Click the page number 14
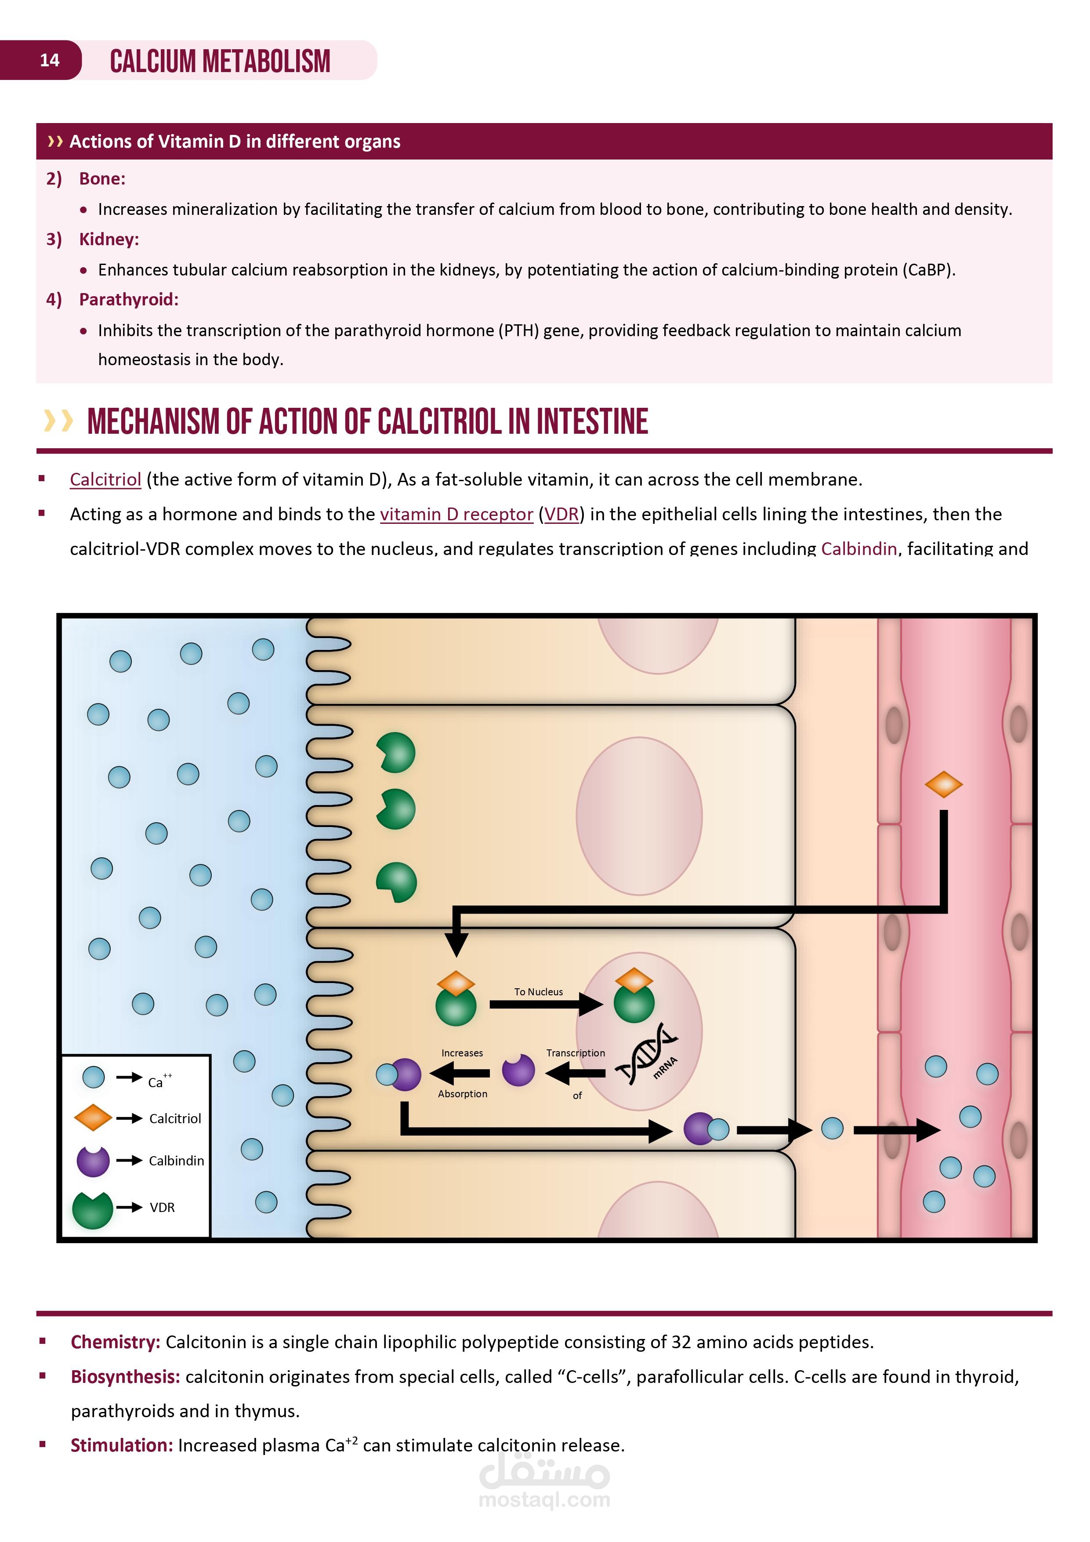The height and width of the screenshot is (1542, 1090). click(x=50, y=61)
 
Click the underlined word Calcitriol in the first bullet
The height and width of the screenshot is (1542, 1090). click(x=105, y=479)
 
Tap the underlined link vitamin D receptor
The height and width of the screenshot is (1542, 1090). click(x=456, y=515)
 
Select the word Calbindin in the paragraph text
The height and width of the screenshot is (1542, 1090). click(x=859, y=549)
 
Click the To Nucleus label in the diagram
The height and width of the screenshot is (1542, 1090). click(x=539, y=992)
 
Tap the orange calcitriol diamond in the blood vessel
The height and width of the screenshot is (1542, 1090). click(x=944, y=784)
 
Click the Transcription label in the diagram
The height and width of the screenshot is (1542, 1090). click(x=576, y=1053)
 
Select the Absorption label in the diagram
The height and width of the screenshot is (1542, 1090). click(x=463, y=1094)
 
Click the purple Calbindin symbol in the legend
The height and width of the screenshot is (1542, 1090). click(x=93, y=1161)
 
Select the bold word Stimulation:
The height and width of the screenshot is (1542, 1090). click(x=122, y=1445)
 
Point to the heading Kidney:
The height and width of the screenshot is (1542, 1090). click(x=109, y=239)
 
